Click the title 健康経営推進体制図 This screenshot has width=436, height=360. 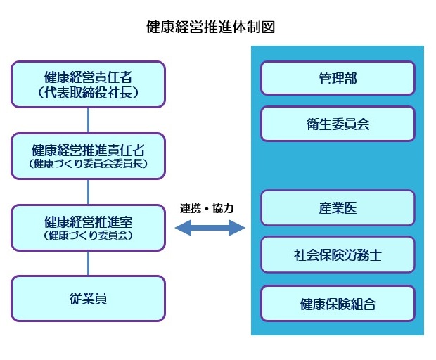[210, 27]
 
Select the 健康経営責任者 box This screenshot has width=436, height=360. [88, 84]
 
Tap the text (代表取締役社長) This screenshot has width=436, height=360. [88, 92]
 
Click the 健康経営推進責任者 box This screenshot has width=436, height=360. [88, 155]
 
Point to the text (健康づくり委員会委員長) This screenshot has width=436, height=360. [88, 165]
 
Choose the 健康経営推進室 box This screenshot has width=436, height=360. [88, 227]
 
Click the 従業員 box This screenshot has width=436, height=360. [88, 298]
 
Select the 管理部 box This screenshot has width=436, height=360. [338, 78]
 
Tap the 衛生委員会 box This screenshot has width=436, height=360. [338, 124]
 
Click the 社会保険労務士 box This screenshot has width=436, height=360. [338, 255]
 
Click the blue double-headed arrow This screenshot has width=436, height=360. [209, 227]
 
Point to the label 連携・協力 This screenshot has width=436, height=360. [206, 209]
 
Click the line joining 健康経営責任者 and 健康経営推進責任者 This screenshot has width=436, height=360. [88, 120]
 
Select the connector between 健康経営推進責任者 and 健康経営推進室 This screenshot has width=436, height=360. [88, 191]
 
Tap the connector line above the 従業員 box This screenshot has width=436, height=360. [88, 263]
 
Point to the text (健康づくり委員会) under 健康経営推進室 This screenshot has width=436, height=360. [88, 236]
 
